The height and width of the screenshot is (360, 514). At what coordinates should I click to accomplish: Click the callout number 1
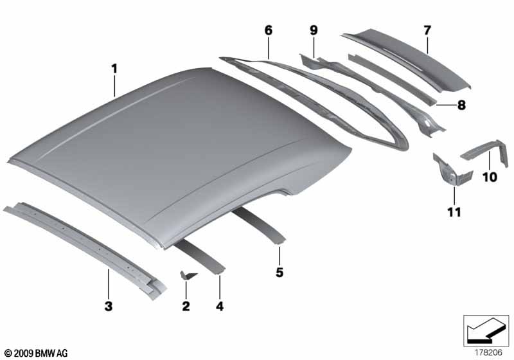click(x=114, y=69)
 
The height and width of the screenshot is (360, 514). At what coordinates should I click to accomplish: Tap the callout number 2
click(x=186, y=306)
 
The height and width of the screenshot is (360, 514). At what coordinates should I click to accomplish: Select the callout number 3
click(x=109, y=306)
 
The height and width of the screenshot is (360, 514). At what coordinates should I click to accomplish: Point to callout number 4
click(x=220, y=306)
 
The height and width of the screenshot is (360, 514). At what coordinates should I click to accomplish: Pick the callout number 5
click(x=279, y=272)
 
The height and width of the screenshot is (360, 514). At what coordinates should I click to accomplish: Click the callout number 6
click(x=269, y=30)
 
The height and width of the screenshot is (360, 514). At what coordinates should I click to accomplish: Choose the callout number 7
click(x=427, y=30)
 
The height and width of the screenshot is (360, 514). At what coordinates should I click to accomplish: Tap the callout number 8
click(x=461, y=105)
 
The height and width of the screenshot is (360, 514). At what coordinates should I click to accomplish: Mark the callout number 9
click(x=314, y=30)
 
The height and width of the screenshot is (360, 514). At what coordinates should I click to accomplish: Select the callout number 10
click(x=490, y=177)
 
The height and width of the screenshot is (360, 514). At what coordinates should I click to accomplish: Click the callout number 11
click(x=454, y=212)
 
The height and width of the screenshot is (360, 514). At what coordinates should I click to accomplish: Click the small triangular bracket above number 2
click(x=188, y=275)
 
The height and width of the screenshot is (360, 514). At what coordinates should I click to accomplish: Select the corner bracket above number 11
click(x=452, y=171)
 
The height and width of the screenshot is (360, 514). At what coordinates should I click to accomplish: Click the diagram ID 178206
click(x=489, y=353)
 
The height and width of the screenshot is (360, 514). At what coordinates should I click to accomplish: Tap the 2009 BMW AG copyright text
click(x=37, y=353)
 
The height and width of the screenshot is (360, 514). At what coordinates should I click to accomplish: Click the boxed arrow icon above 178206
click(x=486, y=331)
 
